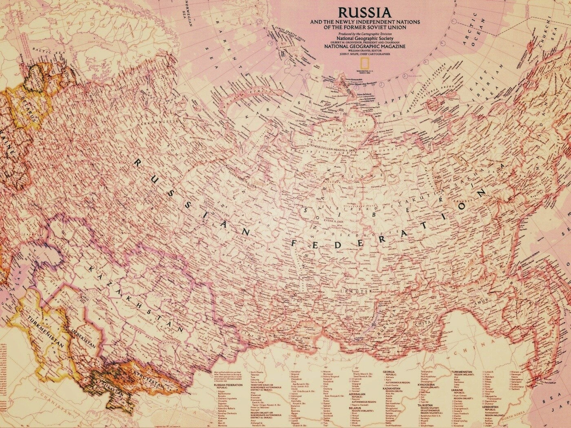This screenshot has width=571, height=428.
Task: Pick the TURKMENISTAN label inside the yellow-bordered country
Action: [x=46, y=330]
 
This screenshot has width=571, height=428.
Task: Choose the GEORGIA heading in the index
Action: [x=391, y=372]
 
